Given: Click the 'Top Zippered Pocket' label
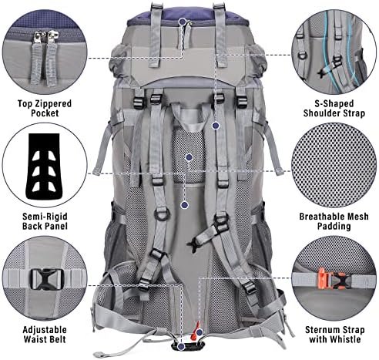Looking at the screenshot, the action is pos(45,108).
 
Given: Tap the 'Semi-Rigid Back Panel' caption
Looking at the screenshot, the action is pos(45,221).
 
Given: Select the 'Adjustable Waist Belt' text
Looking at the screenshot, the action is pos(45,335).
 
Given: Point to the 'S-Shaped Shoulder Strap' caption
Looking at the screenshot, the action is pos(334,108).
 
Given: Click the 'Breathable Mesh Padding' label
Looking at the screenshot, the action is pos(334,221).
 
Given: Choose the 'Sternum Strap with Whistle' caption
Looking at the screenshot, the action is pos(335,335).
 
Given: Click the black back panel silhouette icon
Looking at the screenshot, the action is pos(44,166).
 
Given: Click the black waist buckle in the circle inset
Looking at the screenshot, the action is pos(46,279).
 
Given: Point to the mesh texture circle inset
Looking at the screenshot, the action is pos(334,165).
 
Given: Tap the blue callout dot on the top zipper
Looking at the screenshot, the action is pos(183,22).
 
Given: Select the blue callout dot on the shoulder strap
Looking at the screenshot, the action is pos(216,126).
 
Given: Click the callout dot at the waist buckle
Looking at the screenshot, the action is pos(182,346).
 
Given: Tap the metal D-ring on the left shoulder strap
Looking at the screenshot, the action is pos(162,214).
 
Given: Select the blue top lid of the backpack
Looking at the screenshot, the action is pos(187,16).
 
